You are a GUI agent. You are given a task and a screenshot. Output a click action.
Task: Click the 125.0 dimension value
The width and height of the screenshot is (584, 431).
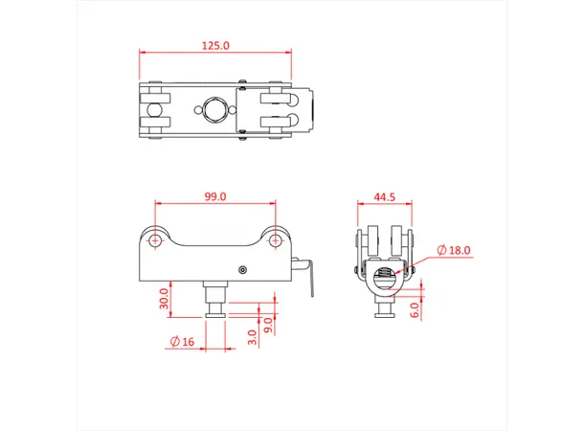pos(216,45)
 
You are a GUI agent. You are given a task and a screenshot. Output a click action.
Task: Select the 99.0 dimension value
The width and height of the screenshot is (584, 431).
pos(215,196)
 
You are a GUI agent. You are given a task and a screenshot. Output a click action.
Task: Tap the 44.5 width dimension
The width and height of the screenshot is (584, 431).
pos(385,196)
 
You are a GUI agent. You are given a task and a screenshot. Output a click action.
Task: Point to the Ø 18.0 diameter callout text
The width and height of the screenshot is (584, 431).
pos(454,250)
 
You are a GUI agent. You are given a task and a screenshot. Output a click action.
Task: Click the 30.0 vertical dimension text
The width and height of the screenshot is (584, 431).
pos(164,300)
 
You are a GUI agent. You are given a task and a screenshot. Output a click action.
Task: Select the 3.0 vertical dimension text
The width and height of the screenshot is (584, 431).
pos(252,336)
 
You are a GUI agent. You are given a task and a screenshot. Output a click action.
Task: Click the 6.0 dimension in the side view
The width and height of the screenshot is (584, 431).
pos(414,310)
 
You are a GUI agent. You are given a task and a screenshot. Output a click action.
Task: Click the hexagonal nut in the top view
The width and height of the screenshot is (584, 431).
pos(215,110)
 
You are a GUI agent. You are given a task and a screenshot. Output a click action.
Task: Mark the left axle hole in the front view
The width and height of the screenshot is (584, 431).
pos(155,240)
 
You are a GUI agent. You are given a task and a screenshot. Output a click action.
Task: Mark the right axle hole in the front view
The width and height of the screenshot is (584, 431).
pos(276,240)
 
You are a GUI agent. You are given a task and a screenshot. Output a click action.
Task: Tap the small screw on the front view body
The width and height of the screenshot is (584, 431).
pos(245,269)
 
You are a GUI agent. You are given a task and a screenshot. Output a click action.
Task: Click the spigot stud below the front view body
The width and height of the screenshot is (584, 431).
pos(215,300)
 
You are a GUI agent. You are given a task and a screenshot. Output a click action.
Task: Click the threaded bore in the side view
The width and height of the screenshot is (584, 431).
pos(385,278)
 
